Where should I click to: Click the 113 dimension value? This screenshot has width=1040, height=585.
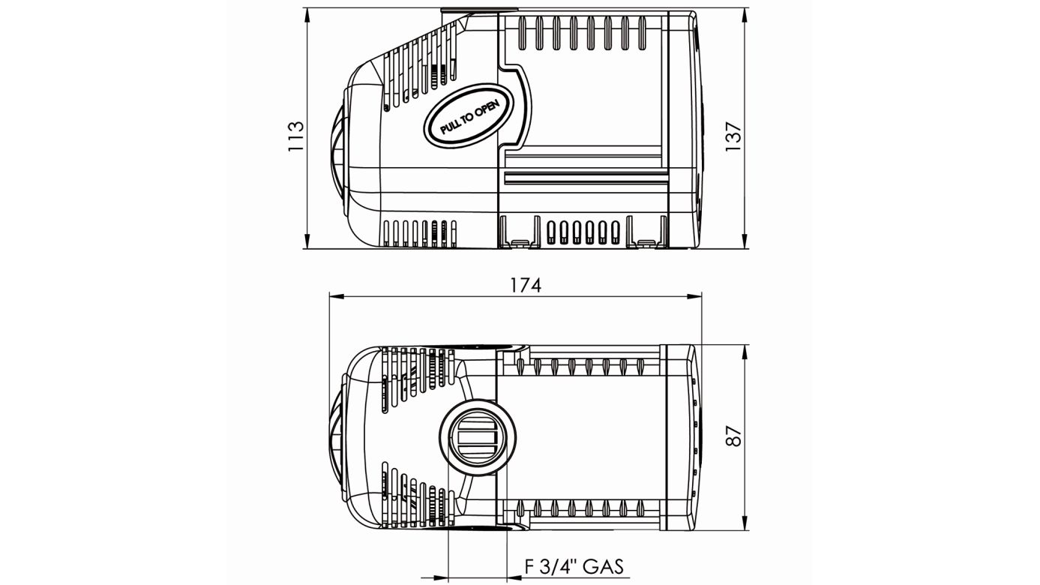click(x=295, y=136)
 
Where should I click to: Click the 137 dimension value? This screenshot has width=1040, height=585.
click(x=733, y=136)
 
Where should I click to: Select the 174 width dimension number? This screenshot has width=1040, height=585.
click(x=525, y=285)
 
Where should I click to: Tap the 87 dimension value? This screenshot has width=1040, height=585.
click(x=735, y=436)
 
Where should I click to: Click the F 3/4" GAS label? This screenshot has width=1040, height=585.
click(x=574, y=566)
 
